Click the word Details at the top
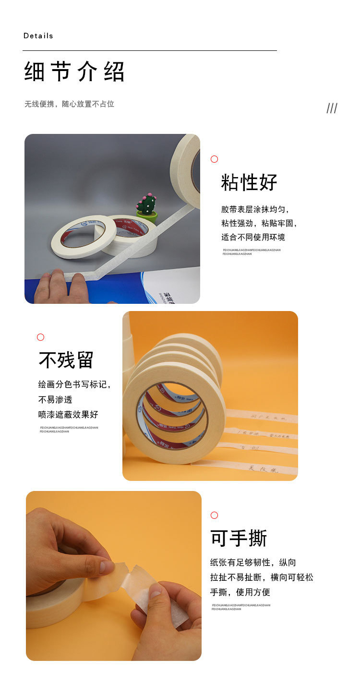tap(38, 36)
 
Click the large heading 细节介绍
tap(74, 72)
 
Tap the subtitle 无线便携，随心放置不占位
tap(70, 104)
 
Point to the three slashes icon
tap(332, 108)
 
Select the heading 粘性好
tap(249, 182)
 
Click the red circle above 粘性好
tap(215, 159)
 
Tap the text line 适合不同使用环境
tap(253, 237)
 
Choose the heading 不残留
tap(66, 360)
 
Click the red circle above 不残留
tap(41, 337)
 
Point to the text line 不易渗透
tap(55, 399)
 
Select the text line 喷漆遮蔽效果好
tap(68, 414)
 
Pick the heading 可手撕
tap(239, 539)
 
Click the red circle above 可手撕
tap(214, 515)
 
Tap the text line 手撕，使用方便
tap(240, 592)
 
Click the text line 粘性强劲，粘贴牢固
tap(259, 223)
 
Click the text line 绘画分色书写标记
tap(74, 384)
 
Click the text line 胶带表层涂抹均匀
tap(255, 209)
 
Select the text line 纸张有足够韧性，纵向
tap(253, 563)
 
